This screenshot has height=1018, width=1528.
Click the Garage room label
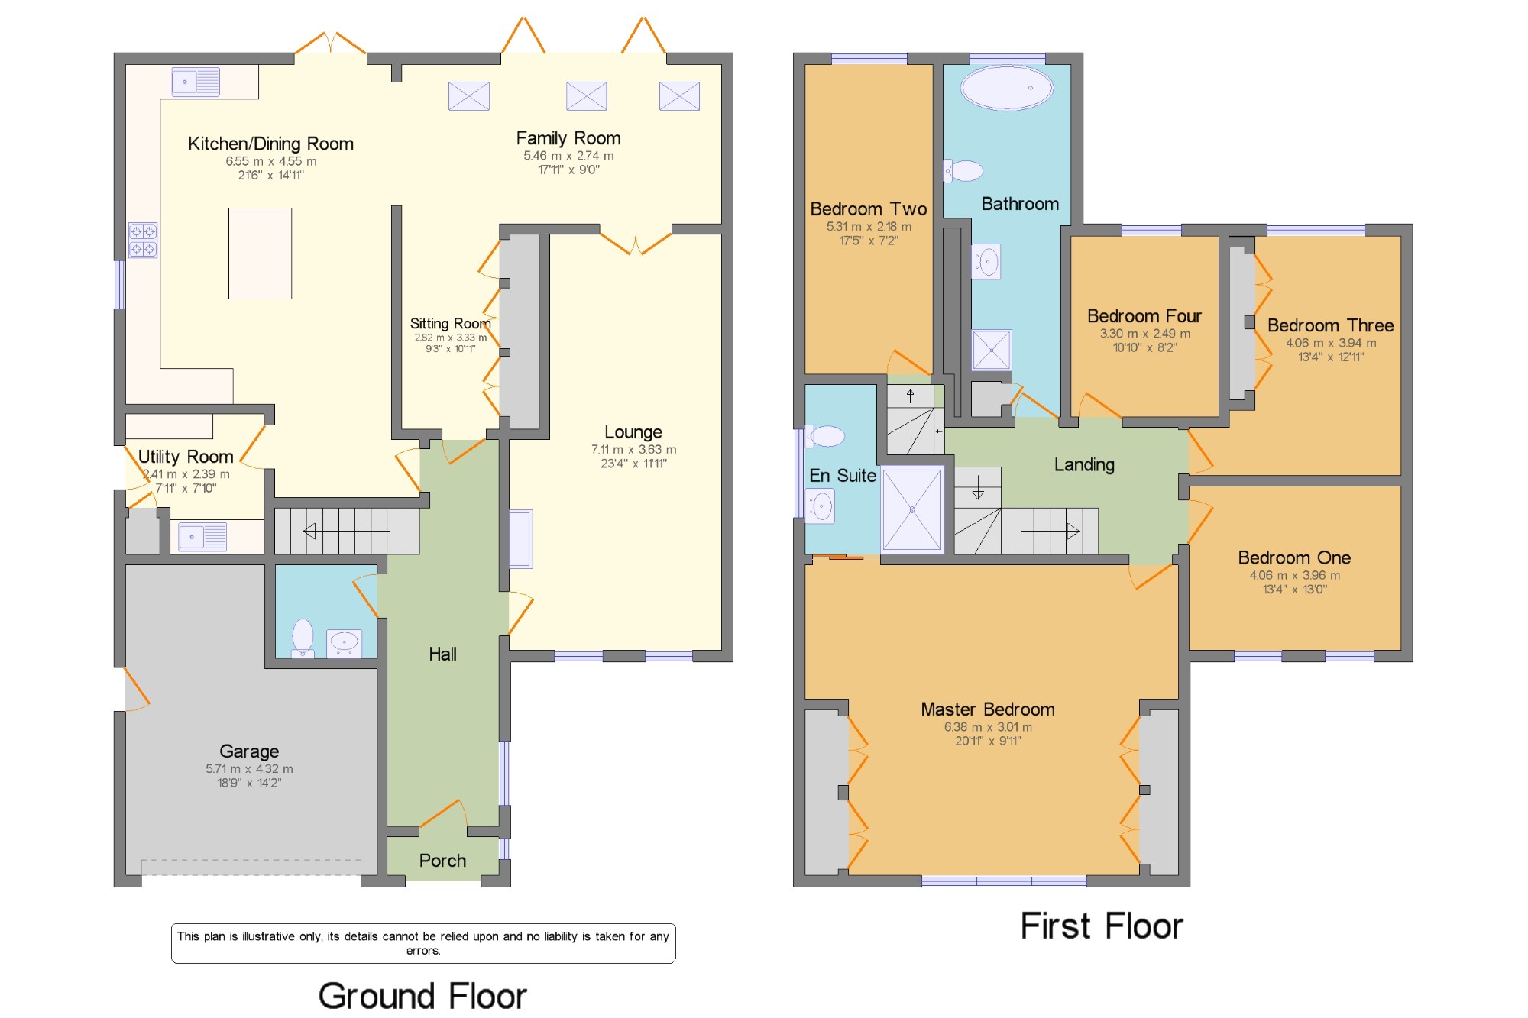point(249,751)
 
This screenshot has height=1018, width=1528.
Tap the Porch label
point(442,861)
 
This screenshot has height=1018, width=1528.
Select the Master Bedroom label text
point(988,709)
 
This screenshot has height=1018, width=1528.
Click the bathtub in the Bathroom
point(1007,88)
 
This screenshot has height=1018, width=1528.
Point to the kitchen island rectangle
point(260,253)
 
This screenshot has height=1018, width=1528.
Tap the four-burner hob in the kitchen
point(143,240)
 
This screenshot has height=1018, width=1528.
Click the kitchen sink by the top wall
point(196,82)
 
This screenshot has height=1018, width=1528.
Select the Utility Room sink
point(202,537)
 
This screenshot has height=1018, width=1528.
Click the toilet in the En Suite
point(825,436)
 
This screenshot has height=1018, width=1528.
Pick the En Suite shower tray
point(912,509)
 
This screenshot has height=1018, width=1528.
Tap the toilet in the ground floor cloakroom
point(303,638)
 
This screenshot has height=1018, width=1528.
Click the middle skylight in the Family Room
point(586,96)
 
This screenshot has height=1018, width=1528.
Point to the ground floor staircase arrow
point(347,531)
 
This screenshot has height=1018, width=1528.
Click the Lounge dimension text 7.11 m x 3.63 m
point(633,450)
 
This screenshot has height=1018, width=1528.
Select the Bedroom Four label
point(1144,316)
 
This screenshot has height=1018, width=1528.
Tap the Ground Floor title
point(422,996)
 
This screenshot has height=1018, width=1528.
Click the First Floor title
point(1102,926)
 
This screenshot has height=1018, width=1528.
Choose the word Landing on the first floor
point(1084,465)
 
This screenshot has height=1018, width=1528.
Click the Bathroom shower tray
point(991,350)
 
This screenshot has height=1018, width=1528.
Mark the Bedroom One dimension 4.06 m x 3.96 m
point(1294,576)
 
